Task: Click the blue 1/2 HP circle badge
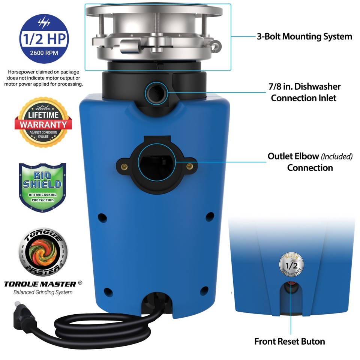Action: coord(44,39)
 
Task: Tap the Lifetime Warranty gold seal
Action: coord(43,122)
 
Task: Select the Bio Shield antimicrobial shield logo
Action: coord(42,187)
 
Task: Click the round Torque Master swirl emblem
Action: coord(43,252)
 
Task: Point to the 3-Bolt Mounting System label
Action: coord(304,37)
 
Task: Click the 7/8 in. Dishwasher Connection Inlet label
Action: coord(304,92)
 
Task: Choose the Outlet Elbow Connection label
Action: coord(310,162)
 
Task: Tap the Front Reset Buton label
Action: coord(289,341)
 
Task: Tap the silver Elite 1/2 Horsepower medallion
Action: coord(291,264)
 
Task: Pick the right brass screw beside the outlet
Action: coord(190,166)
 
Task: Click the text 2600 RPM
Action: coord(44,53)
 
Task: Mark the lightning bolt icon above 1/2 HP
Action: coord(44,22)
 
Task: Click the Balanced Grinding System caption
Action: coord(43,292)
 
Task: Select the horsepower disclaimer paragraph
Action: coord(43,78)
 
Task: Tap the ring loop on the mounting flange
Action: coord(216,45)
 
